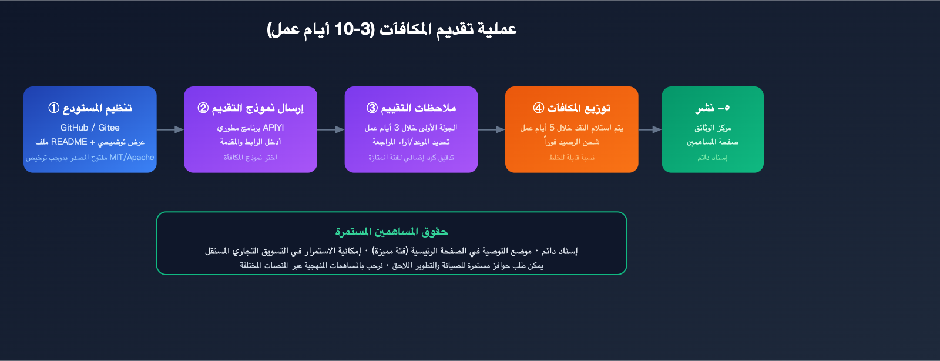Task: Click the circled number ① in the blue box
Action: pyautogui.click(x=53, y=108)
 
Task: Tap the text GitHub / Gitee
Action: pyautogui.click(x=90, y=128)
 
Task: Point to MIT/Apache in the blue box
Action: pyautogui.click(x=132, y=158)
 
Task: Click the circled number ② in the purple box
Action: pyautogui.click(x=203, y=108)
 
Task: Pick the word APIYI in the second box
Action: pyautogui.click(x=273, y=128)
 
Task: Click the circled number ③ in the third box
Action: pyautogui.click(x=372, y=108)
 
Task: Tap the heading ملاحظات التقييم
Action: pyautogui.click(x=418, y=108)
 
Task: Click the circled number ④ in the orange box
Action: pyautogui.click(x=538, y=108)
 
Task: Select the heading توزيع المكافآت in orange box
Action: pyautogui.click(x=579, y=108)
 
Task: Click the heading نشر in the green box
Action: pyautogui.click(x=704, y=108)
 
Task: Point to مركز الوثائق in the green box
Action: pyautogui.click(x=713, y=128)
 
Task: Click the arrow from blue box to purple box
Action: pyautogui.click(x=170, y=130)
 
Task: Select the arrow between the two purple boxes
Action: pyautogui.click(x=331, y=130)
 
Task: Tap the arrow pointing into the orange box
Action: pyautogui.click(x=491, y=130)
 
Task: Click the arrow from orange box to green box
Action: pyautogui.click(x=650, y=130)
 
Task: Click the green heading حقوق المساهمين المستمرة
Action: pyautogui.click(x=391, y=231)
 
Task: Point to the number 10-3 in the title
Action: pyautogui.click(x=353, y=29)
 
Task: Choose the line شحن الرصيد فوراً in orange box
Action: pyautogui.click(x=572, y=142)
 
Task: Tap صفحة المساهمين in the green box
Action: pyautogui.click(x=713, y=142)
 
